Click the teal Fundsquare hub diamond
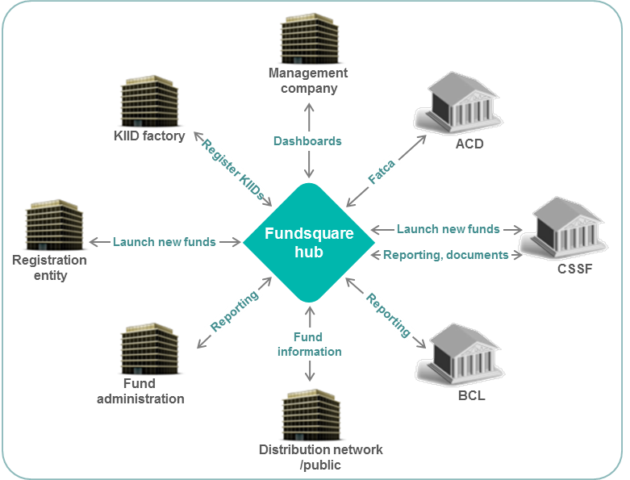[309, 242]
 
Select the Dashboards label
[307, 141]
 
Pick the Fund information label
[310, 344]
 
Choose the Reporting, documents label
[446, 255]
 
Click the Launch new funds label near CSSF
[449, 229]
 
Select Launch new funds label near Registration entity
[165, 241]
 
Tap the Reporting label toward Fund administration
[235, 311]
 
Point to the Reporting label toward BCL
[389, 315]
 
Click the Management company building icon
[311, 38]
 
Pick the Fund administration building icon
[152, 348]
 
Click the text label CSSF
[575, 269]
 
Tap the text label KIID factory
[149, 136]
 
